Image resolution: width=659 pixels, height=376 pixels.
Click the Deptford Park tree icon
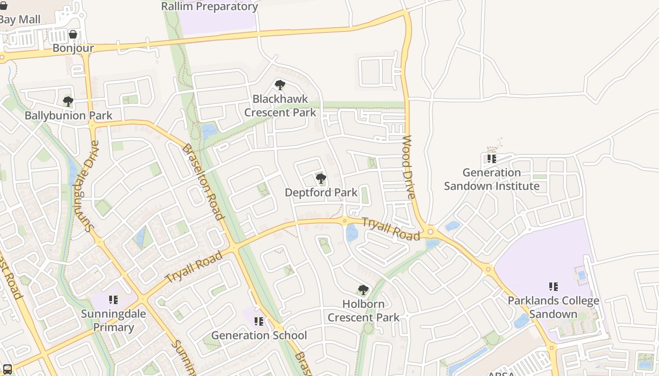tap(321, 179)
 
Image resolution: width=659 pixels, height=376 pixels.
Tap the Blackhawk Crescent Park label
tap(280, 106)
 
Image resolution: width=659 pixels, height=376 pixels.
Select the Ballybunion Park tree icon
tap(68, 101)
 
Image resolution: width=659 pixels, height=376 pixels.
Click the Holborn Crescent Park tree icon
tap(363, 290)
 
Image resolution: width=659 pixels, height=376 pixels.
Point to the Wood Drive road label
tap(408, 167)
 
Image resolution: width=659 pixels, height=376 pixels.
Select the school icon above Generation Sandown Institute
tap(491, 158)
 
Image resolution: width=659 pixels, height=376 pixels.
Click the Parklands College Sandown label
tap(553, 307)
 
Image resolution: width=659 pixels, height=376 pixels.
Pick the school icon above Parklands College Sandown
tap(554, 286)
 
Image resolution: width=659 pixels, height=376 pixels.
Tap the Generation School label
tap(259, 335)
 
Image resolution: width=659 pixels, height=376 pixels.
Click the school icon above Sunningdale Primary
tap(113, 299)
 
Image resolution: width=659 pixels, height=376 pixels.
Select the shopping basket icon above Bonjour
tap(73, 34)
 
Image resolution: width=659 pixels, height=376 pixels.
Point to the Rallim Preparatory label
tap(209, 7)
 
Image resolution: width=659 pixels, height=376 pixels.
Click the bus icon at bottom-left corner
tap(7, 369)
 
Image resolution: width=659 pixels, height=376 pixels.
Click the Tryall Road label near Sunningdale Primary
tap(193, 267)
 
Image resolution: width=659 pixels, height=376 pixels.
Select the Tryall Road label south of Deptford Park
tap(391, 229)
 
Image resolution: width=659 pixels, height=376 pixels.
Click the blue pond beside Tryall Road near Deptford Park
tap(352, 233)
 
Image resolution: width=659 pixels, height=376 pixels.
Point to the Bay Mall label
tap(20, 20)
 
